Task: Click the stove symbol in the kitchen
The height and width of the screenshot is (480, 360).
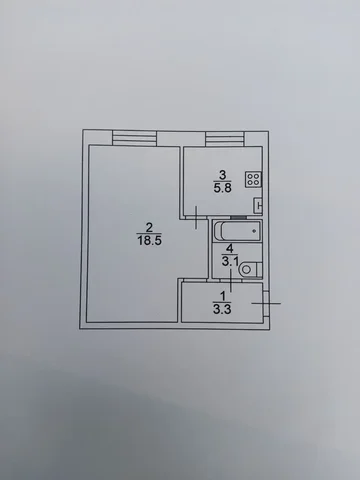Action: coord(254,181)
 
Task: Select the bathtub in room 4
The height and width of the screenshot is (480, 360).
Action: coord(237,232)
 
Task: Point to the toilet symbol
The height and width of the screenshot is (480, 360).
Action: coord(252,267)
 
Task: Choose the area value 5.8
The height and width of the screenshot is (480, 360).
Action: coord(221,184)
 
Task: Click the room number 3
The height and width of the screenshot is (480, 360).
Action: coord(221,171)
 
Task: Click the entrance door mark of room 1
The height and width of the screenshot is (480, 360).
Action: coord(275,302)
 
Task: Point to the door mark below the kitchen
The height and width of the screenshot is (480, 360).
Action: coord(198,213)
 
